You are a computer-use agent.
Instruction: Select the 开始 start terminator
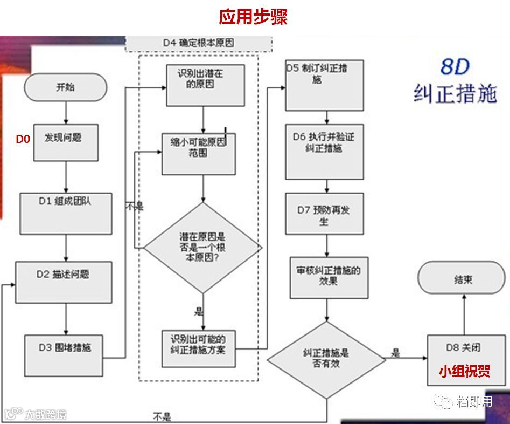tap(65, 87)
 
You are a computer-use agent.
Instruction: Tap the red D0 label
tap(23, 139)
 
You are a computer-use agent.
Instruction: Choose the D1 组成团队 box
tap(66, 214)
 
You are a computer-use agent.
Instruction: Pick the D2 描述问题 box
tap(64, 282)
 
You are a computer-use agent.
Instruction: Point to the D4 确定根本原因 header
tap(198, 43)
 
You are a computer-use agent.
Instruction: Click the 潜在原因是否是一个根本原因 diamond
tap(202, 248)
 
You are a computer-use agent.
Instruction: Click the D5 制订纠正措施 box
tap(324, 85)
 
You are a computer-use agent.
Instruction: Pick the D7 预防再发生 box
tap(324, 214)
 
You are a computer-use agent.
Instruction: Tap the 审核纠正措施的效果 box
tap(329, 277)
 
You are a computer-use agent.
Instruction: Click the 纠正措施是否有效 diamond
tap(326, 359)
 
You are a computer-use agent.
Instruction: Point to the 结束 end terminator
tap(462, 281)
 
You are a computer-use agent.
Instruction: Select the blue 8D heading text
tap(455, 67)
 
